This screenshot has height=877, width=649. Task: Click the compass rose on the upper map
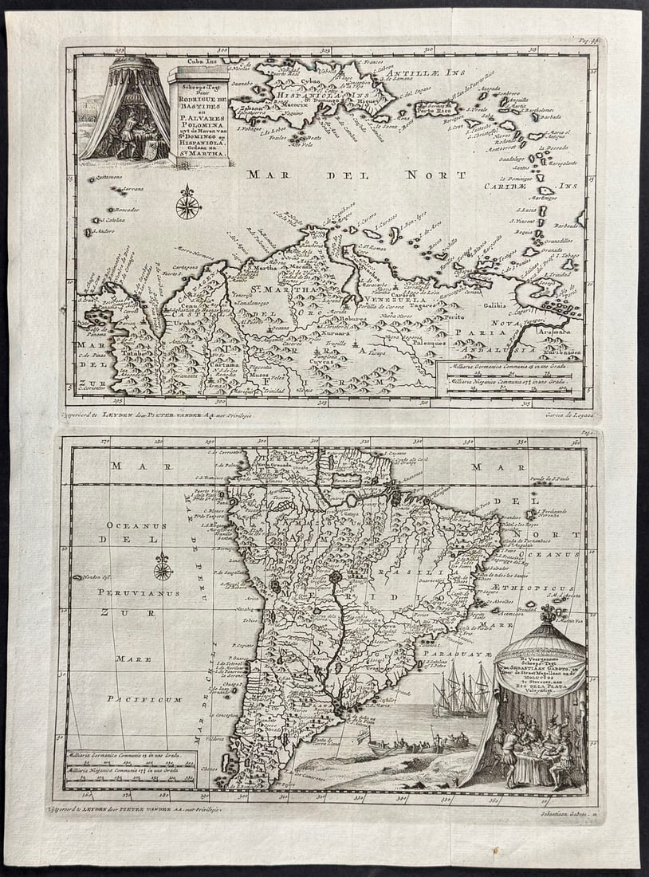pos(188,203)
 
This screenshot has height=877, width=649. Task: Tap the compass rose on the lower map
pos(163,567)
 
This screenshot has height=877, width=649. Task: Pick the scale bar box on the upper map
pos(509,376)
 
